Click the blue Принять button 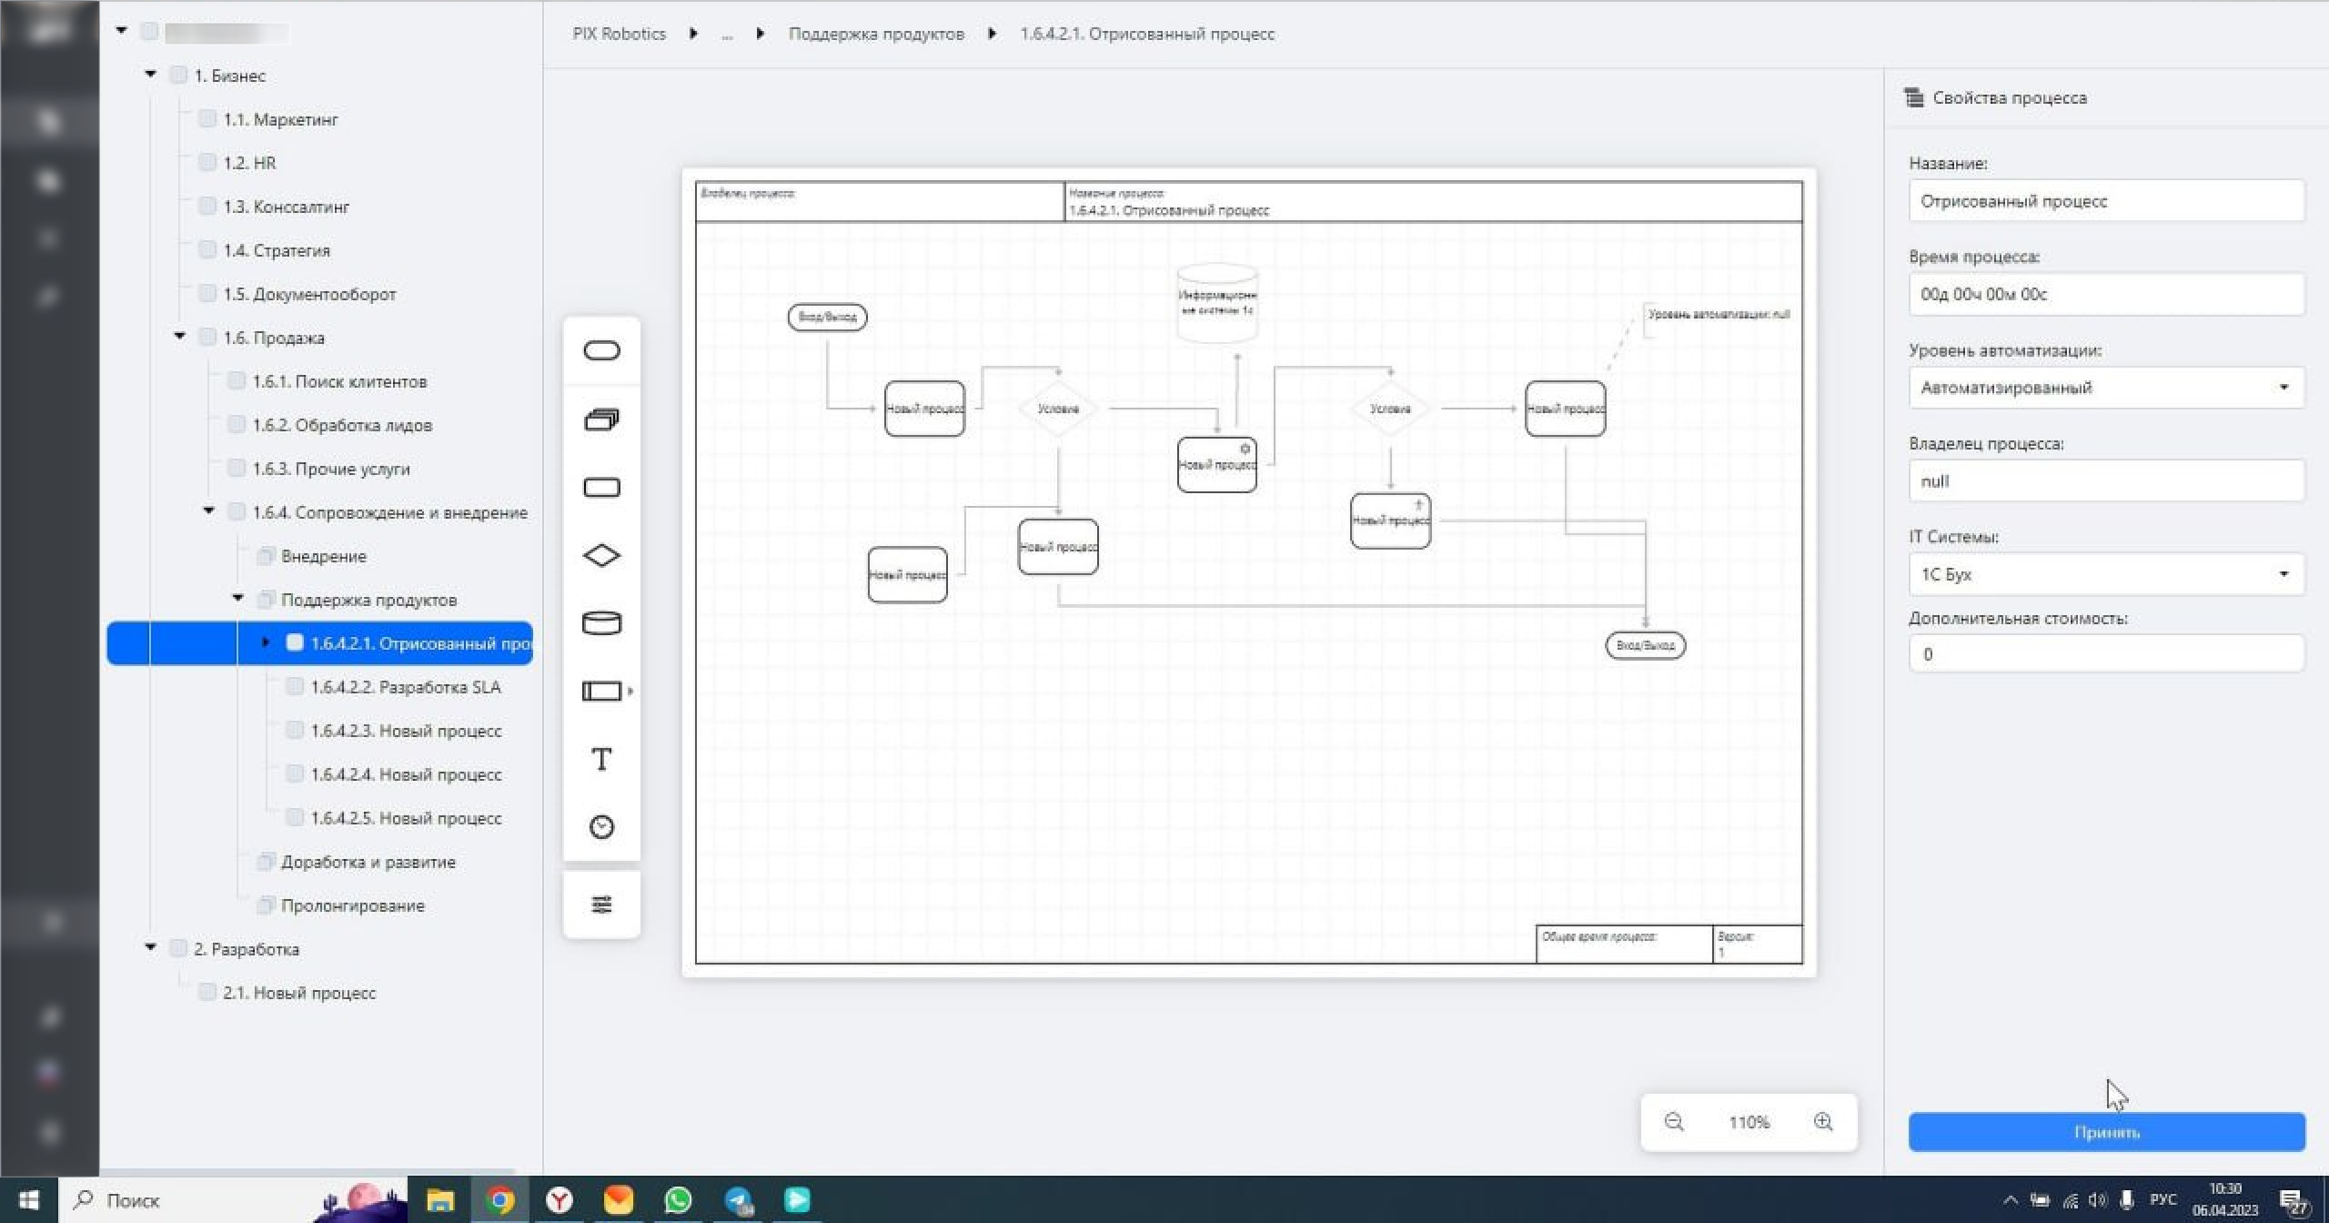2105,1131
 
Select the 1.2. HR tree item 249,163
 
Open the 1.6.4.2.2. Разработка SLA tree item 405,687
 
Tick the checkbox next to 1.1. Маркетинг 207,119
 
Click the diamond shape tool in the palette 601,555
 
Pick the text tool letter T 601,759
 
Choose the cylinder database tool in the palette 601,623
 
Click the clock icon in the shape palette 601,826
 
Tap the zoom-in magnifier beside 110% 1822,1121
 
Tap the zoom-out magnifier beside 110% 1674,1121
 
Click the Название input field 2105,201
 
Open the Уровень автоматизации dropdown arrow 2283,388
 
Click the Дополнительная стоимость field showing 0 2105,653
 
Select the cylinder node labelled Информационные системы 1217,303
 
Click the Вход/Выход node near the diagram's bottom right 1645,645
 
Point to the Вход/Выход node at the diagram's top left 827,317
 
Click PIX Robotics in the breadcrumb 619,34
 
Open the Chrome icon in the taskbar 499,1199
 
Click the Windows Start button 29,1199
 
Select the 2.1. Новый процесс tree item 298,993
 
